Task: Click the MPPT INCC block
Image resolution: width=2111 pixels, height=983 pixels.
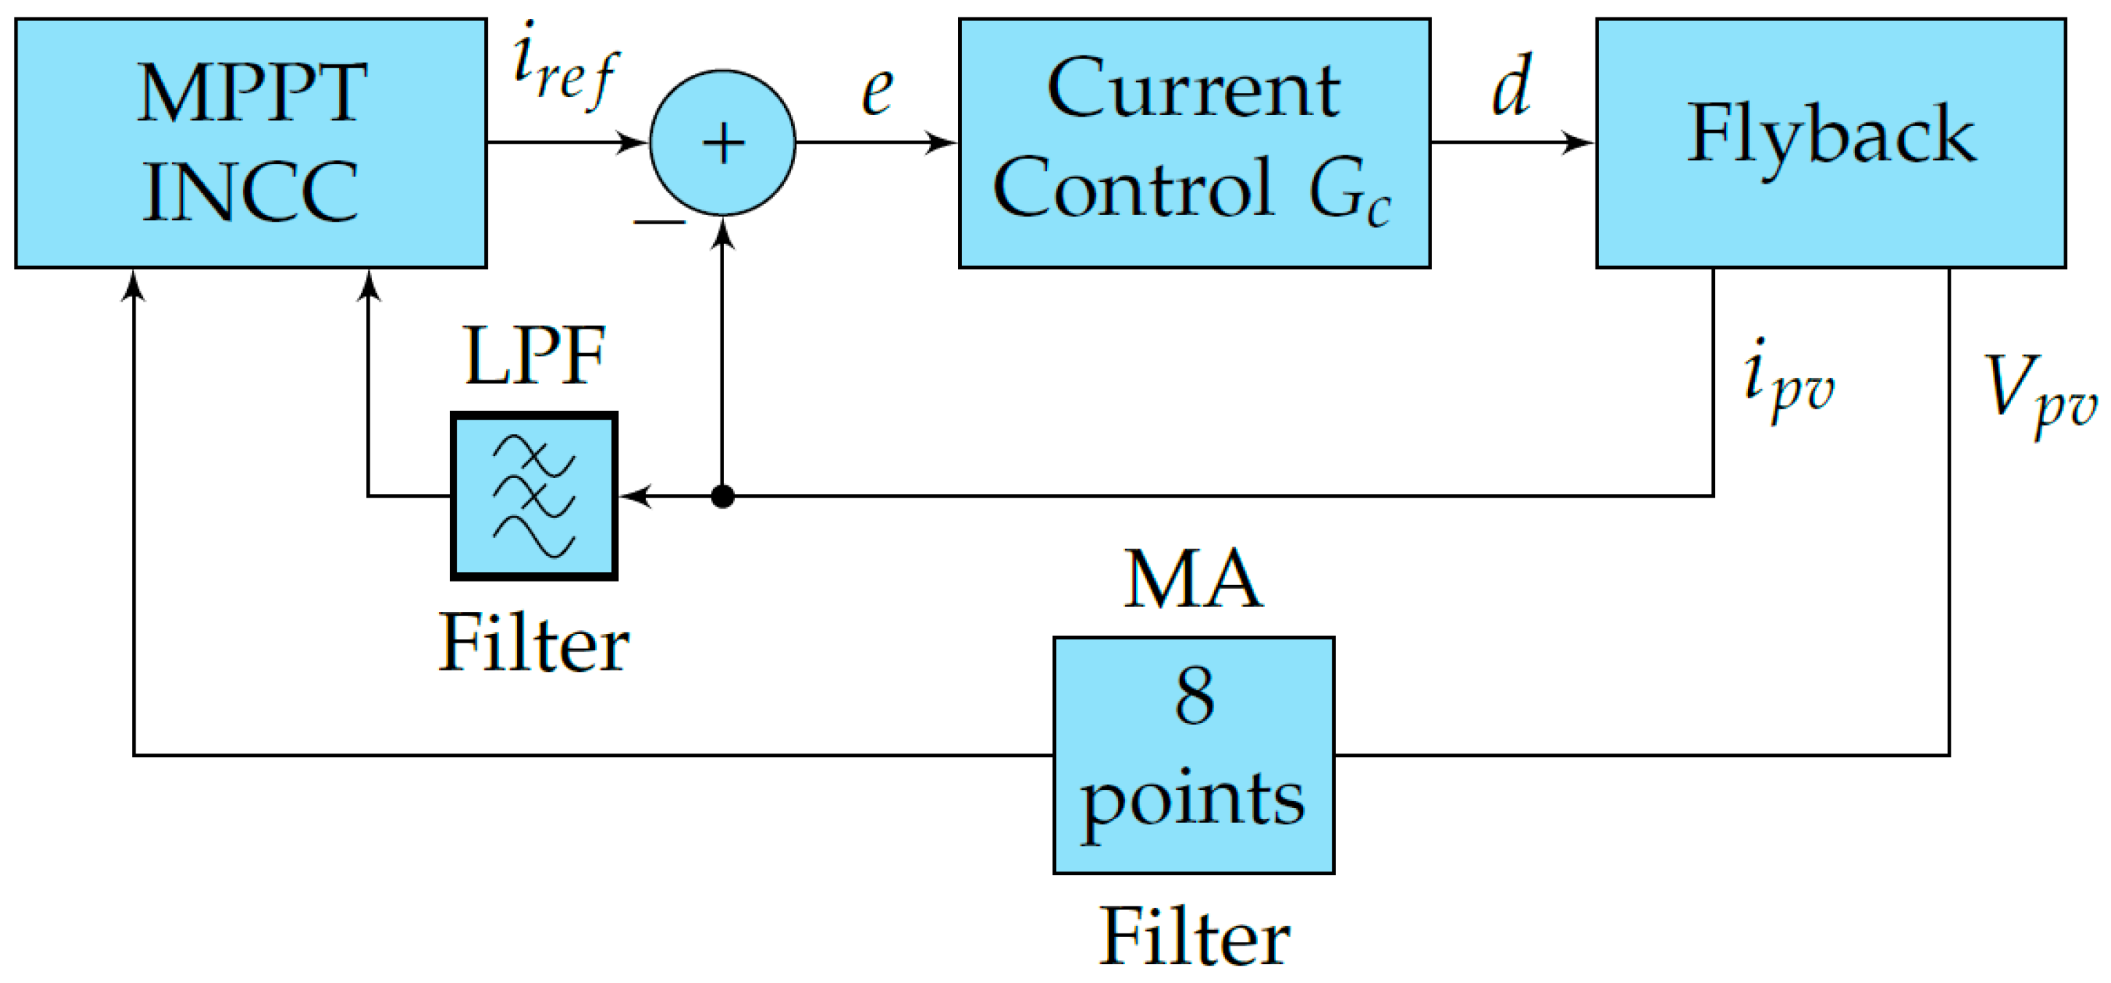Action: (251, 144)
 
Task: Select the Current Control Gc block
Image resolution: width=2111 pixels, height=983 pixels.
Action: (1194, 144)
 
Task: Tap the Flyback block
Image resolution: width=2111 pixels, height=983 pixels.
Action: (1830, 144)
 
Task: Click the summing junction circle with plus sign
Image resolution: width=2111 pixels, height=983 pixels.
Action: (722, 144)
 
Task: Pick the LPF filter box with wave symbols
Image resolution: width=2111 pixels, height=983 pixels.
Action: (534, 496)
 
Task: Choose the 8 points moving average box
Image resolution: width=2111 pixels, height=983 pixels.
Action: (1193, 754)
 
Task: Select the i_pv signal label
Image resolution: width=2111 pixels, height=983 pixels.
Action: (1787, 382)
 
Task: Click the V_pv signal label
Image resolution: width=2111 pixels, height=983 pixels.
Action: (2037, 393)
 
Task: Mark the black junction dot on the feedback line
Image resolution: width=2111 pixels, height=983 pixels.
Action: (722, 496)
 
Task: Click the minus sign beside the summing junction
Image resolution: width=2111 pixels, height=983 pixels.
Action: (659, 222)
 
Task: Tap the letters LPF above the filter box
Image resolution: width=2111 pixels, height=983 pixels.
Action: (534, 356)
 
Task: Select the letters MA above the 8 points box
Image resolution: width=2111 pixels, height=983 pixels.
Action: (1192, 580)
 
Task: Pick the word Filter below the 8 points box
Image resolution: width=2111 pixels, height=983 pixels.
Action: (1193, 938)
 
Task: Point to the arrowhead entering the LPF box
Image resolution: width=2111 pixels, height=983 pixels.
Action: (635, 496)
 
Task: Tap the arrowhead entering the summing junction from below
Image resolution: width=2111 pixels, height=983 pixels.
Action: (722, 233)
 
